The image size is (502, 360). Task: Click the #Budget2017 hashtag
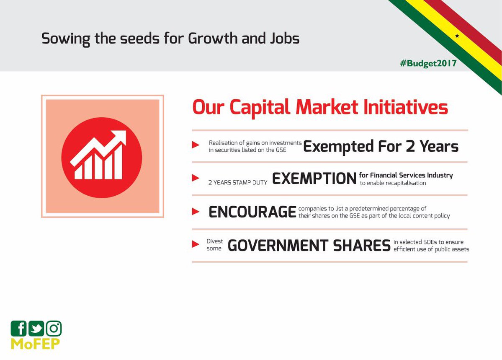coord(428,63)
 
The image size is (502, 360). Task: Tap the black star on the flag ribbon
coord(457,36)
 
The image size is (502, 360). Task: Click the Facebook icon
coord(19,329)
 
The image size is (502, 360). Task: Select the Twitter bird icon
coord(36,329)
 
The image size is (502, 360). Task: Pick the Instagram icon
coord(54,329)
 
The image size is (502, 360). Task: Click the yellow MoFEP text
coord(35,344)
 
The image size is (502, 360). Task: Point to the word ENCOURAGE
coord(252,212)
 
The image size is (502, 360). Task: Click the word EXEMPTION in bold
coord(314,178)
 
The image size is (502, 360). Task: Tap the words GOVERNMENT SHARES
coord(309,246)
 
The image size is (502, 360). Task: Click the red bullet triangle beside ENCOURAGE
coord(196,211)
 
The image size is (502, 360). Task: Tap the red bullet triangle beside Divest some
coord(196,244)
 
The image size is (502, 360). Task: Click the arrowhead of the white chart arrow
coord(120,136)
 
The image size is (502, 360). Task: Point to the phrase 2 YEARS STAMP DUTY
coord(237,182)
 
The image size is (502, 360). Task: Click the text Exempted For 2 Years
coord(381,147)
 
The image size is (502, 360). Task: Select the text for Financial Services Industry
coord(406,175)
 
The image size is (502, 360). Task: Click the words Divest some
coord(214,245)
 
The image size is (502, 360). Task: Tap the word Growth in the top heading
coord(213,39)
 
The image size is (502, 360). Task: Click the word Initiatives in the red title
coord(406,107)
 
